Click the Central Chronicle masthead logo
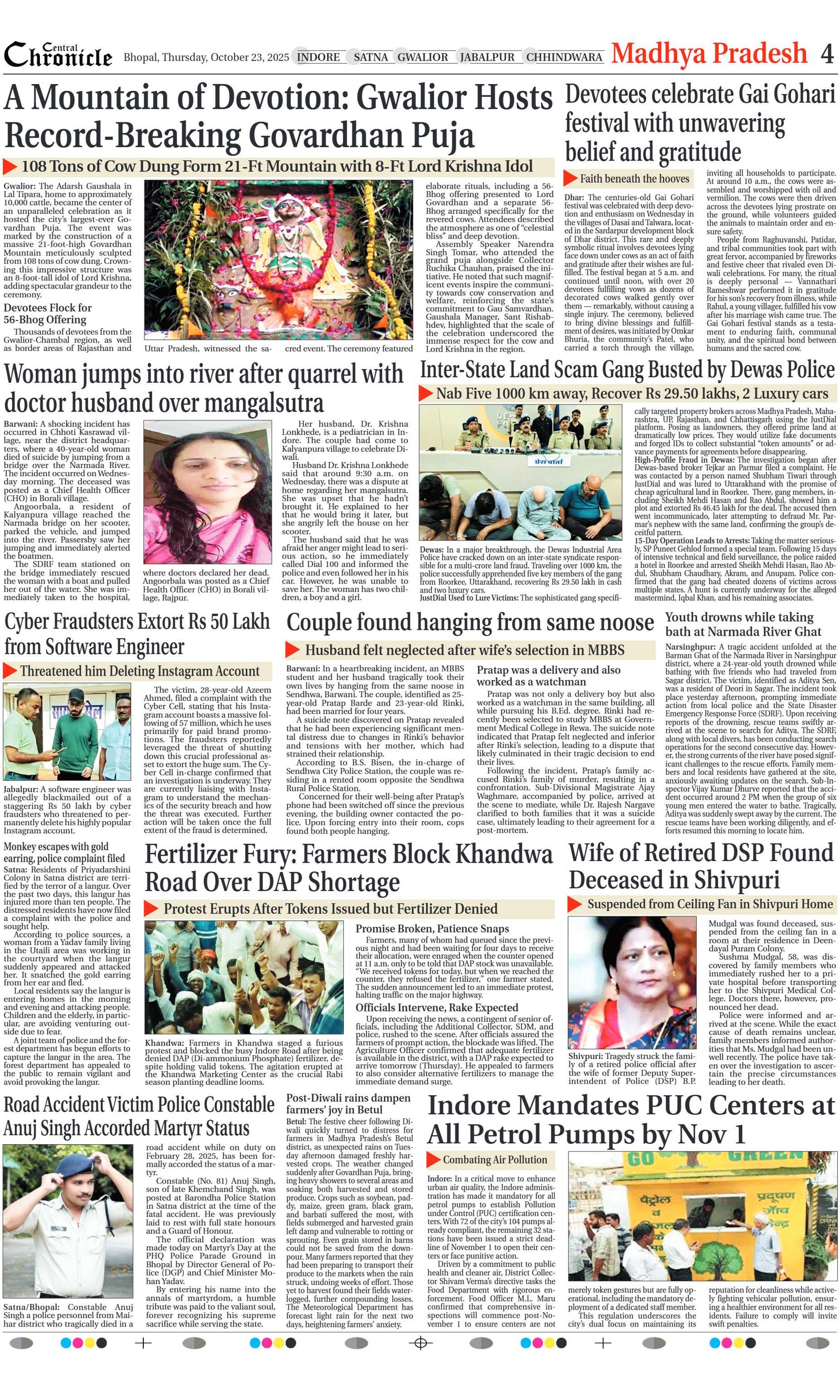tap(58, 55)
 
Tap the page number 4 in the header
tap(826, 55)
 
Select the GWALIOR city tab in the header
tap(423, 57)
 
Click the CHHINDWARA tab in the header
tap(564, 57)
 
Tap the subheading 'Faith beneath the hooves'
tap(634, 179)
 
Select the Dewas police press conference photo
tap(520, 472)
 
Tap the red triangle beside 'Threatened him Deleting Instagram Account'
tap(9, 671)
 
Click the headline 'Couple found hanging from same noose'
tap(470, 623)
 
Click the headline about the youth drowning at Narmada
tap(742, 624)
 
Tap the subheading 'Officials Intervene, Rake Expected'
tap(437, 1008)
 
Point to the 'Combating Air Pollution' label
tap(495, 1159)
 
